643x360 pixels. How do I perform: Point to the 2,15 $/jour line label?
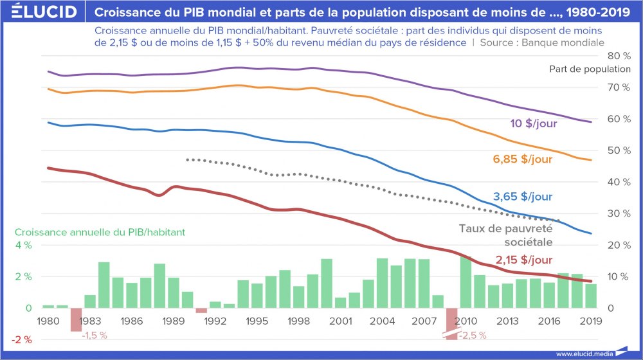tap(523, 260)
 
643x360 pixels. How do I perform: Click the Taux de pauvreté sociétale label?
tap(506, 235)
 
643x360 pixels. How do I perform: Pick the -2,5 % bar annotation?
tap(473, 335)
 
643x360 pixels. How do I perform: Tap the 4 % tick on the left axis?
tap(24, 246)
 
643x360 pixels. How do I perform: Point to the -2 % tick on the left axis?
tap(24, 339)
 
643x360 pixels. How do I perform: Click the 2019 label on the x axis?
tap(591, 320)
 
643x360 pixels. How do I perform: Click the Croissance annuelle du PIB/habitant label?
tap(100, 232)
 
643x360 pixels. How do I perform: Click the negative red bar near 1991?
tap(201, 310)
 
